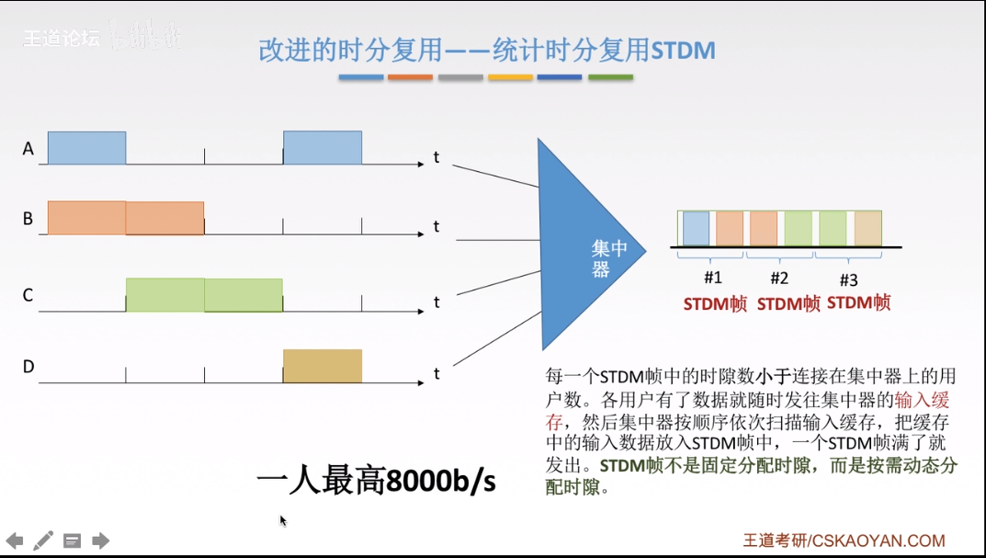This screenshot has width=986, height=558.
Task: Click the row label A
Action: click(28, 148)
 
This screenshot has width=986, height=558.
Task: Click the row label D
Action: click(28, 367)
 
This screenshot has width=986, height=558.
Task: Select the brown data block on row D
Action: click(322, 366)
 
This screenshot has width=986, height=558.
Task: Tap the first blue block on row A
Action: click(86, 148)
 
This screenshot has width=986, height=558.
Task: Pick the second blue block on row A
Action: click(322, 148)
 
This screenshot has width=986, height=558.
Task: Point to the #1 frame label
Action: click(713, 278)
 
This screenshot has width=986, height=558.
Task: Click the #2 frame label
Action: click(779, 278)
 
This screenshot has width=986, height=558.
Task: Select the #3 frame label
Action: click(849, 279)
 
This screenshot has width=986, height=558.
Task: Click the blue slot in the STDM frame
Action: click(696, 228)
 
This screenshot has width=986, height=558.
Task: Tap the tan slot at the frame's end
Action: click(867, 228)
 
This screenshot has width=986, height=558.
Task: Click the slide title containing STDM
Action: click(486, 50)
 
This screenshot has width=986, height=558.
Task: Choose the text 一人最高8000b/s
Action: click(376, 480)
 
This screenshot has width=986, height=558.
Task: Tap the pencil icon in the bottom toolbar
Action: click(43, 541)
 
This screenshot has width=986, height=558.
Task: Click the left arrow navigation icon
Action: click(15, 541)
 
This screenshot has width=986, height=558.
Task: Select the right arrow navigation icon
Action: click(101, 541)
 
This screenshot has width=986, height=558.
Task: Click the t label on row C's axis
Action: click(436, 302)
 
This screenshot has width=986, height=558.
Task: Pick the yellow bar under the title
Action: click(510, 77)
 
